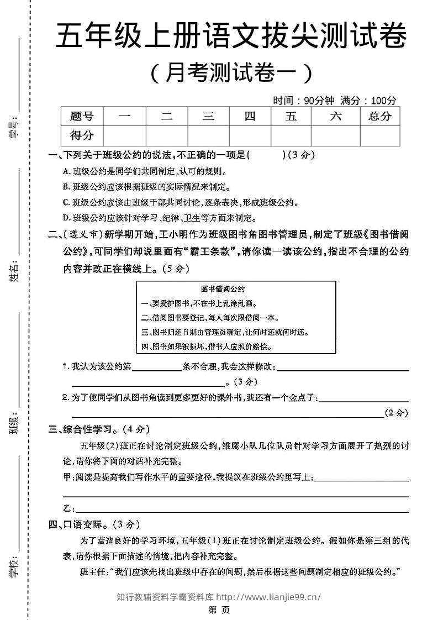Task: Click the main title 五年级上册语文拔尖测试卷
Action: [231, 37]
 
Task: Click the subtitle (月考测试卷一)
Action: [231, 72]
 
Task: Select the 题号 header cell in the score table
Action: [82, 116]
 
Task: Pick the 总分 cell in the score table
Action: [379, 116]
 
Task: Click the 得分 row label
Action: [82, 135]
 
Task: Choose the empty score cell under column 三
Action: [208, 135]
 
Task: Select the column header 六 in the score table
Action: [335, 116]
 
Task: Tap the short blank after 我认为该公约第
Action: [157, 366]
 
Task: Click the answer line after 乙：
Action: [241, 509]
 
